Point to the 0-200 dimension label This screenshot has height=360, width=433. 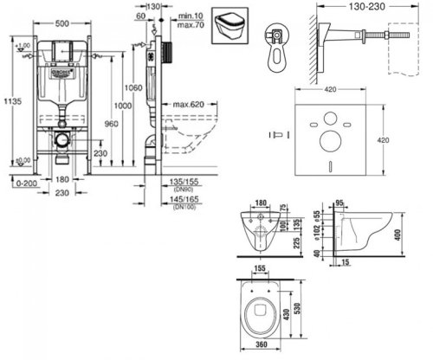18,184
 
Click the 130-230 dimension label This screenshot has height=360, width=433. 357,7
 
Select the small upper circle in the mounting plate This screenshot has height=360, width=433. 330,116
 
